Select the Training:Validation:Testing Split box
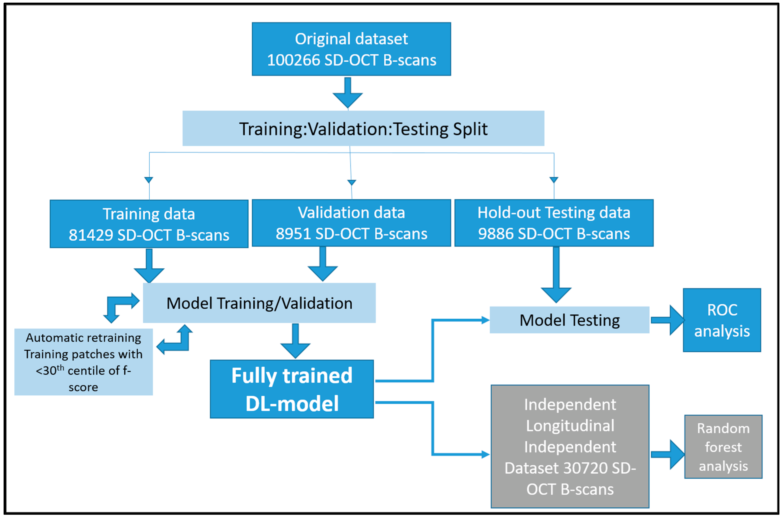click(x=363, y=129)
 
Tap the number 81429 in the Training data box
click(x=91, y=235)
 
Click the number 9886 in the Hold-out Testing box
click(x=495, y=234)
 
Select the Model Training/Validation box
click(x=259, y=303)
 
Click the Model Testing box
click(x=569, y=320)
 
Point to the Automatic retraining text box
click(x=83, y=362)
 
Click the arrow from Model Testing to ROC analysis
click(x=667, y=320)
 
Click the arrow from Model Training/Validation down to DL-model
click(x=295, y=341)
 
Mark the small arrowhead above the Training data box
click(x=149, y=180)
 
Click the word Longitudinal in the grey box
click(x=570, y=426)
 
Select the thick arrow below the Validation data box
click(x=322, y=265)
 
